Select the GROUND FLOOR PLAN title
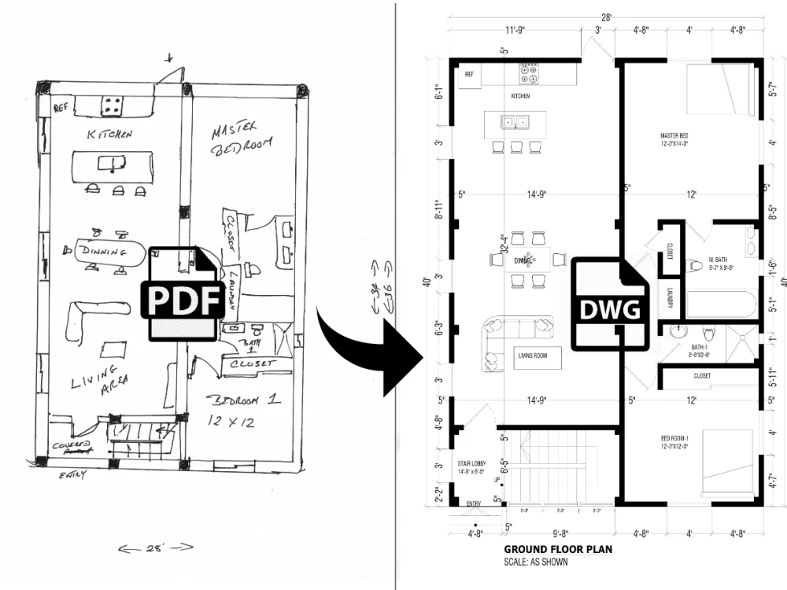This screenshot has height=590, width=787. (558, 550)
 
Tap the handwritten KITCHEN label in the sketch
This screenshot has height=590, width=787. (109, 135)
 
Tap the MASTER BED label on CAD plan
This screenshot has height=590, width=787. (674, 137)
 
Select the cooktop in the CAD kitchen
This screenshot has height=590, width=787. (528, 74)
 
